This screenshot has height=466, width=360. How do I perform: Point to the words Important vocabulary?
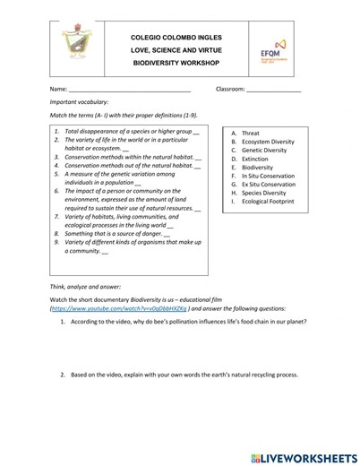pyautogui.click(x=78, y=104)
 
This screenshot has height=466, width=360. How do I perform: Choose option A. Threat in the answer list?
pyautogui.click(x=245, y=133)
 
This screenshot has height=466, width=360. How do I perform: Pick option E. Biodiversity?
pyautogui.click(x=253, y=167)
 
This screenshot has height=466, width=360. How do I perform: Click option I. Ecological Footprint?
pyautogui.click(x=263, y=202)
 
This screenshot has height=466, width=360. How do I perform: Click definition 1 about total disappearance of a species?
pyautogui.click(x=128, y=132)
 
